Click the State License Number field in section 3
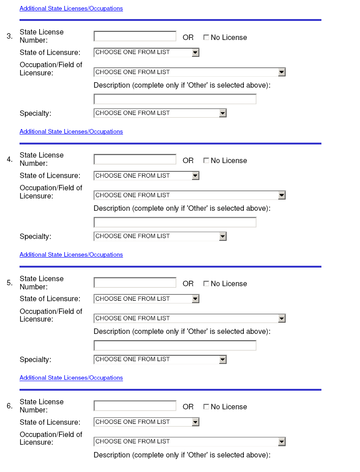coord(135,36)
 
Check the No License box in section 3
coord(206,38)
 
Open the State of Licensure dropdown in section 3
coord(146,53)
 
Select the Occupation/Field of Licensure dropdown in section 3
coord(189,72)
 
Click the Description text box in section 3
coord(175,99)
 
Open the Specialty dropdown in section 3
coord(160,113)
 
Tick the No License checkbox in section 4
coord(206,161)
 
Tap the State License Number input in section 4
coord(135,159)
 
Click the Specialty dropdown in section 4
coord(160,236)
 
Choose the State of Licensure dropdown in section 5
coord(146,299)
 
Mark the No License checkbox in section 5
coord(206,284)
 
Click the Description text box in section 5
coord(175,346)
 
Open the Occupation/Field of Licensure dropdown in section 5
coord(189,318)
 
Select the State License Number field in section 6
coord(135,406)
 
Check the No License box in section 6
coord(206,407)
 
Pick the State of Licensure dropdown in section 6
coord(146,422)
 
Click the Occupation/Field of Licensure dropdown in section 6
coord(189,442)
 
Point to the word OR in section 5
coord(188,284)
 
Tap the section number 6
coord(10,406)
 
